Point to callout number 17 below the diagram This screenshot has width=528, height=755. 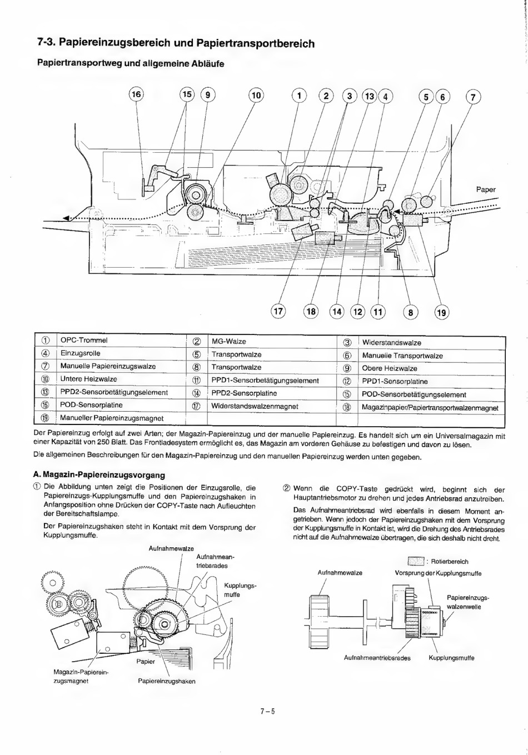click(x=278, y=311)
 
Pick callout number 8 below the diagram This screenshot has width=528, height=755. click(x=411, y=312)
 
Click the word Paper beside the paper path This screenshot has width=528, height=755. click(x=485, y=189)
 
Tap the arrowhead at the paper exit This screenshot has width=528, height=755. click(x=67, y=218)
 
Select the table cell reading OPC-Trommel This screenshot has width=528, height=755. click(x=84, y=340)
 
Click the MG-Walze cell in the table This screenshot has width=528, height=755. click(x=228, y=341)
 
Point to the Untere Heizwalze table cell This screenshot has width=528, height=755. click(x=88, y=379)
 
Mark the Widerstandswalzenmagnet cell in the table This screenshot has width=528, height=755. click(x=255, y=406)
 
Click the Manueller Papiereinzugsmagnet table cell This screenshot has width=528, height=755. click(x=111, y=418)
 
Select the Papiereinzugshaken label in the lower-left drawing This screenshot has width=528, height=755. click(x=167, y=681)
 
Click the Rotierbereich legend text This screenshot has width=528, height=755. click(x=449, y=561)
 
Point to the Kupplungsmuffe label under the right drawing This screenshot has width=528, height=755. click(x=451, y=658)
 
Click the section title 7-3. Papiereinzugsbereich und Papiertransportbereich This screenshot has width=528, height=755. click(x=176, y=43)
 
